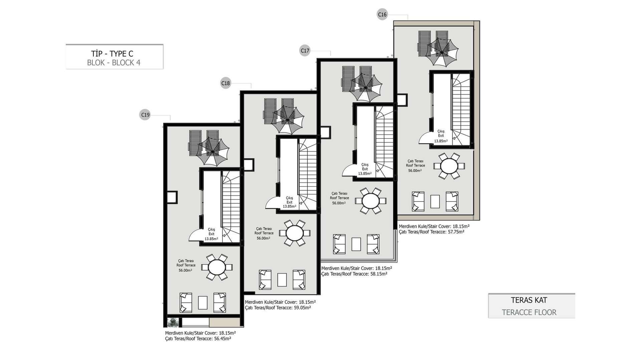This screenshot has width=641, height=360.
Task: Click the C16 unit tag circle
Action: pyautogui.click(x=382, y=14)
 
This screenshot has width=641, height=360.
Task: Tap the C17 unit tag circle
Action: pyautogui.click(x=305, y=51)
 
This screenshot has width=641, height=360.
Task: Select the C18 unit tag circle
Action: pyautogui.click(x=226, y=83)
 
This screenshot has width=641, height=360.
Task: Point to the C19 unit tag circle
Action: pyautogui.click(x=145, y=115)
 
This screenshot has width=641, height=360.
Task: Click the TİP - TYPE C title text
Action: pyautogui.click(x=112, y=53)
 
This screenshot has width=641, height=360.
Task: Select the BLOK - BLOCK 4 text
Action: pyautogui.click(x=114, y=63)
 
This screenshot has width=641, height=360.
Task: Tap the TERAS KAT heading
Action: pyautogui.click(x=529, y=300)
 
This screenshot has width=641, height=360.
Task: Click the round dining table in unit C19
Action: pyautogui.click(x=217, y=267)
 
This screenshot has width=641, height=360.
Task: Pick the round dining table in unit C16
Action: pyautogui.click(x=449, y=166)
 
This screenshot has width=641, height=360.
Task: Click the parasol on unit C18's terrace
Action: pyautogui.click(x=287, y=119)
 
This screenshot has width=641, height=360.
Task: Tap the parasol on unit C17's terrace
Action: pyautogui.click(x=366, y=87)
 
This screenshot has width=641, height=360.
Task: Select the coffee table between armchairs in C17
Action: pyautogui.click(x=356, y=244)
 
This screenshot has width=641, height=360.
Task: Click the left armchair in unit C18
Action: pyautogui.click(x=265, y=280)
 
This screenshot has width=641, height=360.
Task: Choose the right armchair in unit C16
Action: pyautogui.click(x=452, y=201)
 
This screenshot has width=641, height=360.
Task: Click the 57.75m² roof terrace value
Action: pyautogui.click(x=455, y=232)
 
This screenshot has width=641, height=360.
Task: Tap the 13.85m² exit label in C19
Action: pyautogui.click(x=211, y=239)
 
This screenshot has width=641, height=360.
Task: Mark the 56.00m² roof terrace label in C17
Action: pyautogui.click(x=339, y=203)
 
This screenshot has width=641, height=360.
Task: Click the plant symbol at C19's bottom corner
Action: pyautogui.click(x=173, y=322)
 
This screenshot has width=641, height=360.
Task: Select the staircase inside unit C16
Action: pyautogui.click(x=461, y=109)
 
